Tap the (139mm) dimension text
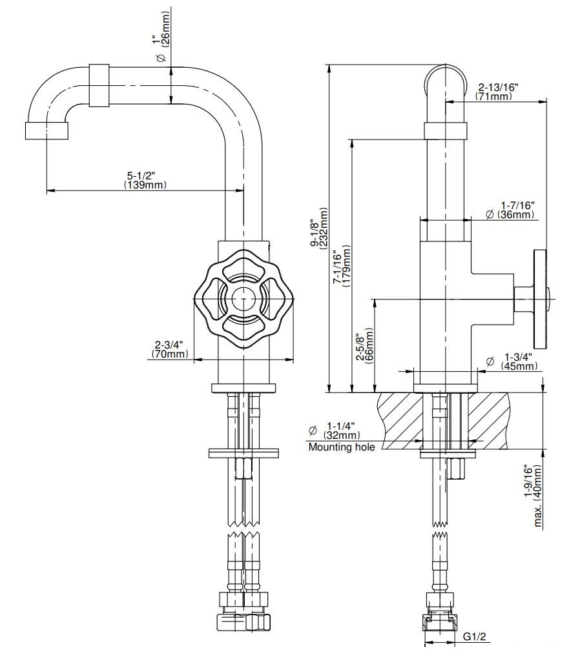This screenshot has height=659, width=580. [x=145, y=185]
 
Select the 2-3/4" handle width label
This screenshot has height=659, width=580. [x=170, y=345]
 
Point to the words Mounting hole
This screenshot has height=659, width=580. [x=341, y=447]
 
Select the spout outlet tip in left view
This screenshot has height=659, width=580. [x=47, y=131]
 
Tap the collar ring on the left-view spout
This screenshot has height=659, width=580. [x=99, y=86]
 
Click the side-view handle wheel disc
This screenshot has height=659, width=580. [x=540, y=299]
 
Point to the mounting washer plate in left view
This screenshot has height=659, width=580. [x=244, y=454]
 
